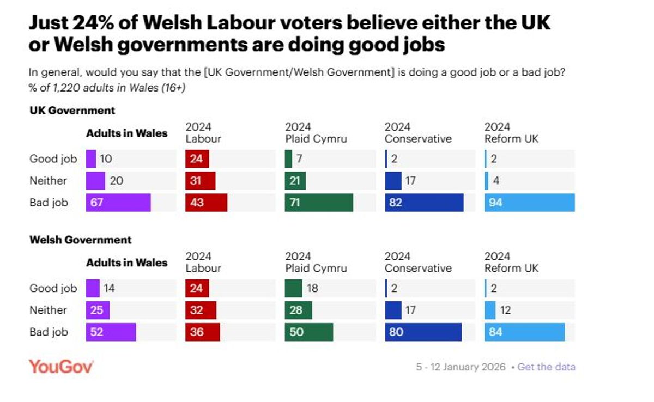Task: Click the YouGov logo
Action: click(x=61, y=366)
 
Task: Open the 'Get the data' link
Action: click(x=546, y=367)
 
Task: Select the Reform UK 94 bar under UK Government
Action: click(x=529, y=203)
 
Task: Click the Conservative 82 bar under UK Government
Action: click(x=423, y=203)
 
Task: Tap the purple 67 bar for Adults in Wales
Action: click(x=118, y=203)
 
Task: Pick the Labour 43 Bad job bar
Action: click(x=206, y=203)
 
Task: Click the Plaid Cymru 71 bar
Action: click(x=318, y=203)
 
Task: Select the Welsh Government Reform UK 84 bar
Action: click(x=524, y=332)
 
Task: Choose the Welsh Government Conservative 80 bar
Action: click(x=423, y=332)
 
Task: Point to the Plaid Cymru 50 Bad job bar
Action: click(x=308, y=332)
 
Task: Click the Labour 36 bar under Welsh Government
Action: click(x=202, y=332)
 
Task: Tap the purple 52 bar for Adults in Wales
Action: click(x=111, y=332)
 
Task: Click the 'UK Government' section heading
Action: click(x=72, y=111)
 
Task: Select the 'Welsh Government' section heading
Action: click(x=80, y=240)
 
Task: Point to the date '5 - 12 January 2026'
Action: click(x=461, y=367)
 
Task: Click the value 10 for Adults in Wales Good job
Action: click(x=106, y=159)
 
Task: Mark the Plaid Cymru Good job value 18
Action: click(x=312, y=288)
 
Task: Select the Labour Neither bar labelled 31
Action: click(x=200, y=181)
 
